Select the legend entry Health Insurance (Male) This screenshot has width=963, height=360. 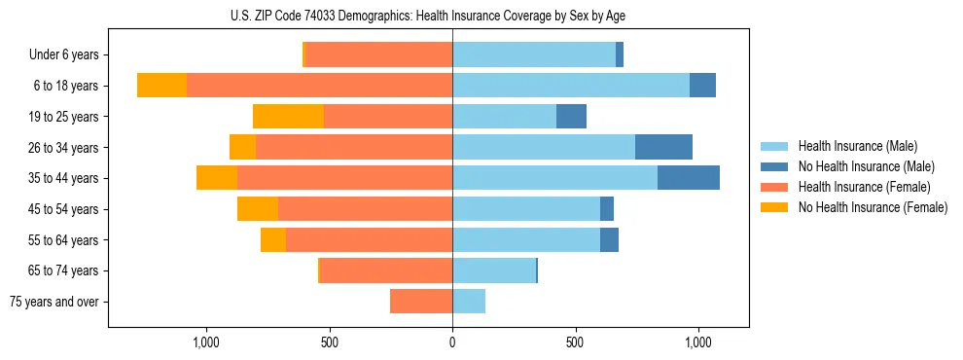click(852, 146)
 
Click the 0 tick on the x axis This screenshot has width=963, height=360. click(452, 342)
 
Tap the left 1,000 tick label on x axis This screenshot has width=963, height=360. click(206, 342)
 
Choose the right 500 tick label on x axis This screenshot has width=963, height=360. click(575, 342)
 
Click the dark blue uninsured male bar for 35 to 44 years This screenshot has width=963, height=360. click(689, 178)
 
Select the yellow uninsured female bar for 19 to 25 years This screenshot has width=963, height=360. click(288, 117)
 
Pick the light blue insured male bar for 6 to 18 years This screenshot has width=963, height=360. click(571, 86)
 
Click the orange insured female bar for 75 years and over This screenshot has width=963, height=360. click(421, 302)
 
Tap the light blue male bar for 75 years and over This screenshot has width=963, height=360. click(469, 302)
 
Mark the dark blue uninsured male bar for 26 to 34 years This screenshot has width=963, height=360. click(663, 147)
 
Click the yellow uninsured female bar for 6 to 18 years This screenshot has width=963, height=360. click(161, 86)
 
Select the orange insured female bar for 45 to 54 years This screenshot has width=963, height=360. click(365, 209)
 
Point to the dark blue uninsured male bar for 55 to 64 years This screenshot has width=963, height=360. click(609, 239)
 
